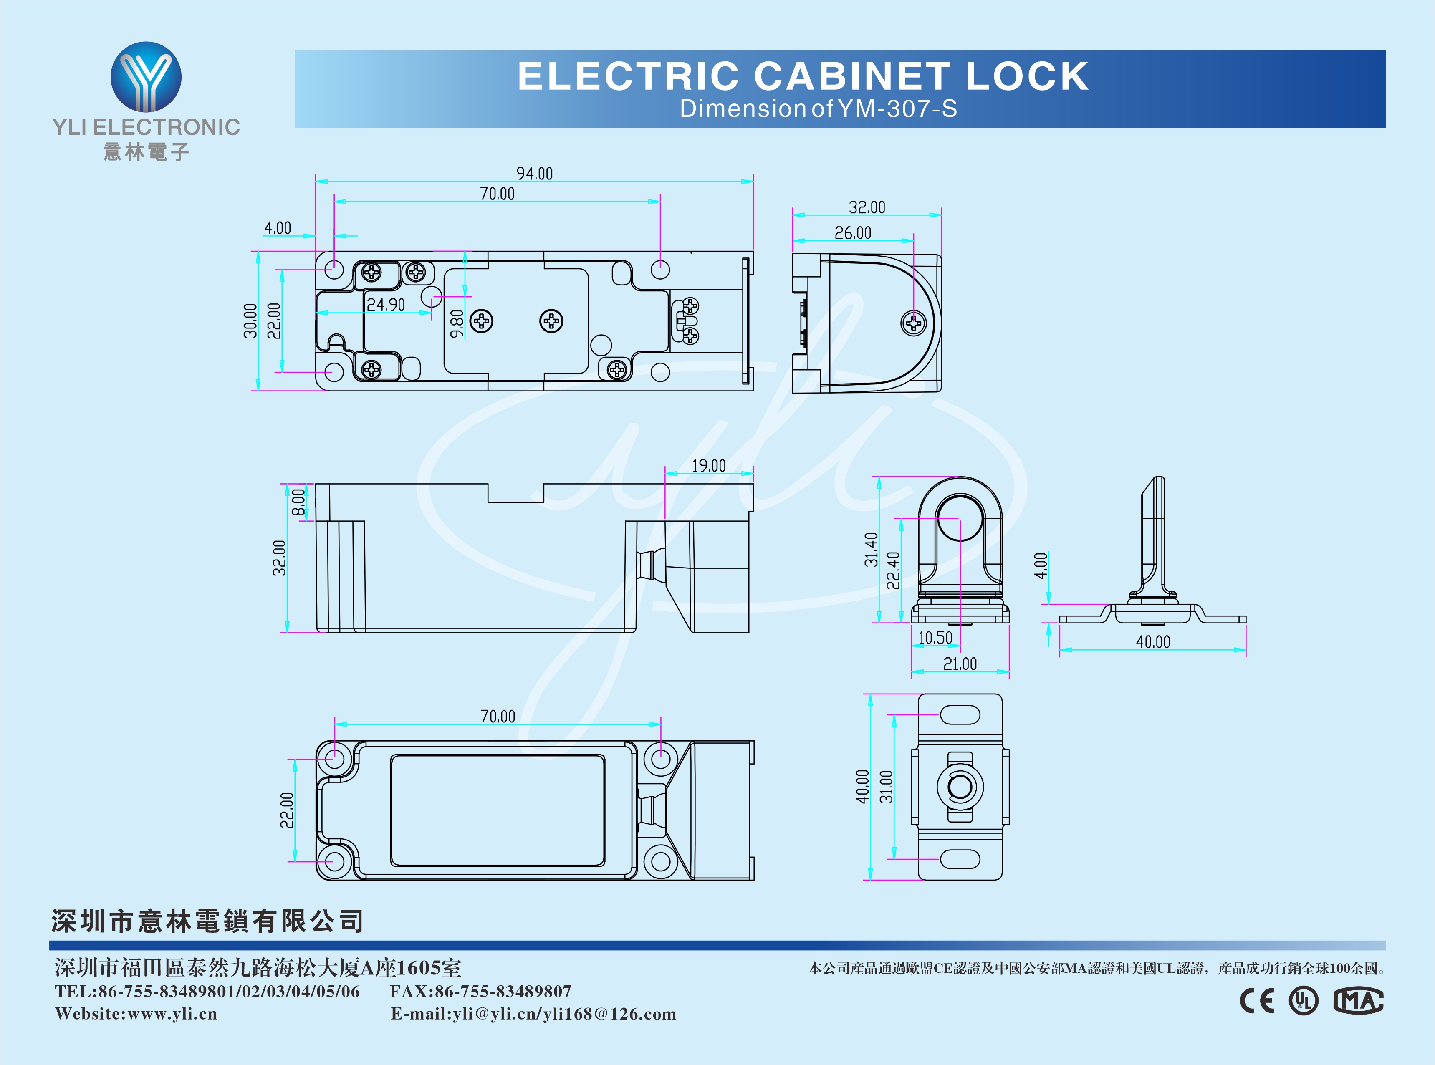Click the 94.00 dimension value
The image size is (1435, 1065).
point(534,174)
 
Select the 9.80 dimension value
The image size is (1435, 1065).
point(457,323)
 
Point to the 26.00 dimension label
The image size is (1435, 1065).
point(852,233)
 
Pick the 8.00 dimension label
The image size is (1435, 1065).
point(298,502)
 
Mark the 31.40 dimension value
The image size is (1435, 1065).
point(871,549)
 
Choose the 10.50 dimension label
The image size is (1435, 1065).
point(935,638)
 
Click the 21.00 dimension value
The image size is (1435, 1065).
point(960,664)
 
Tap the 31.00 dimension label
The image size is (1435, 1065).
point(887,787)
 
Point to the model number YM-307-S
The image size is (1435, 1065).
point(897,109)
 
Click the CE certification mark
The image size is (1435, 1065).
point(1257,1001)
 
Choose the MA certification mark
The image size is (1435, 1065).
point(1358,1001)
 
